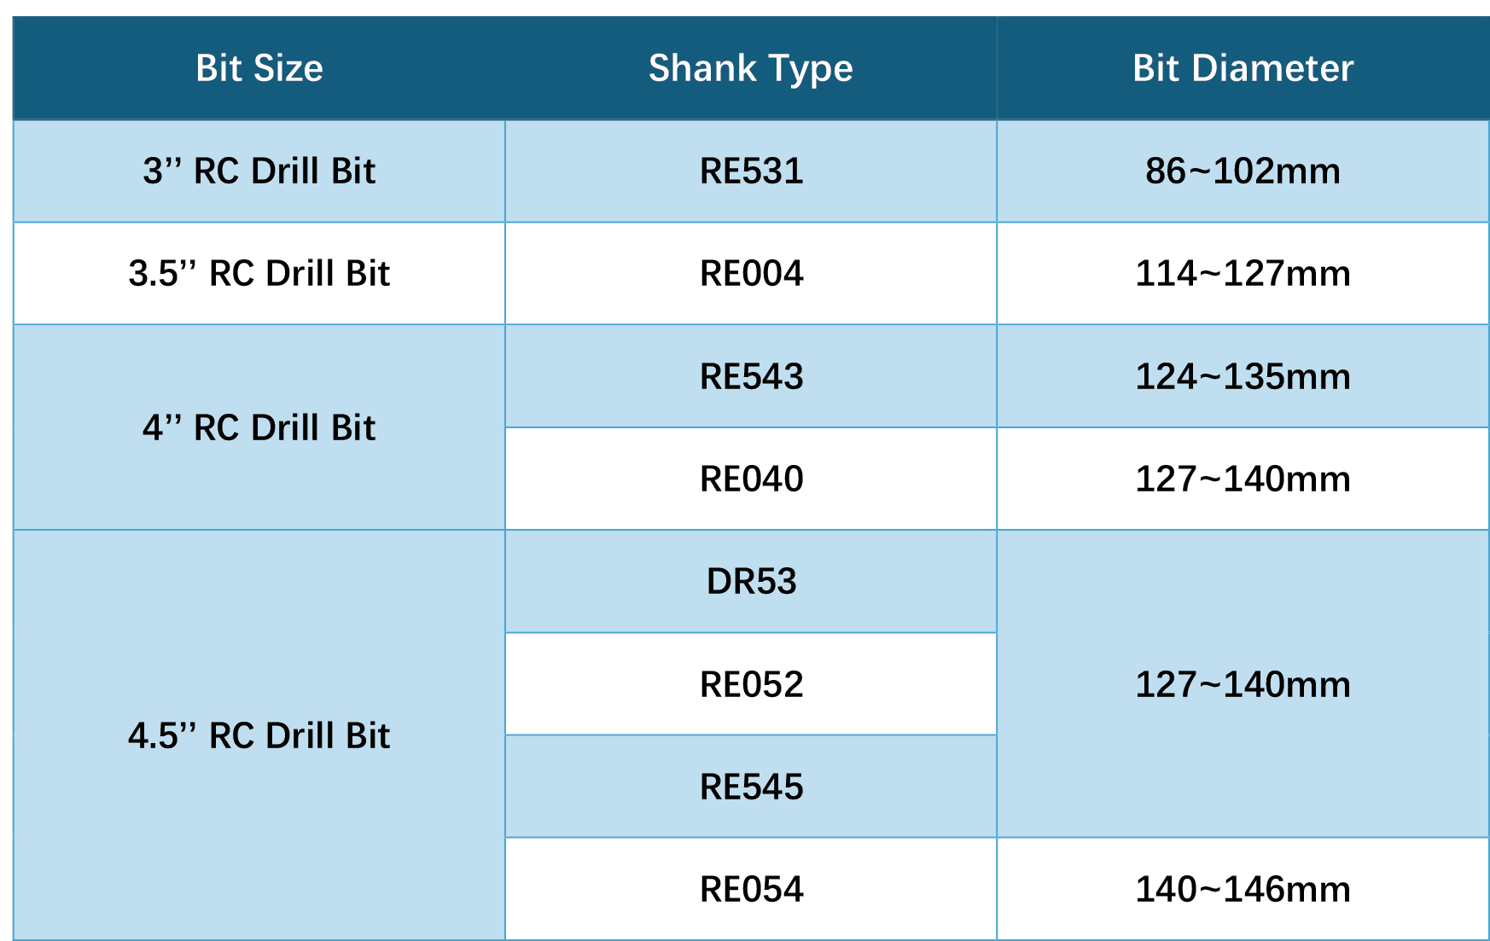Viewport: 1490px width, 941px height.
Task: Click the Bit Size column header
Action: point(259,68)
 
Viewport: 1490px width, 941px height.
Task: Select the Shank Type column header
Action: point(751,69)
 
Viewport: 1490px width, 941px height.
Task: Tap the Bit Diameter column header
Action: point(1243,68)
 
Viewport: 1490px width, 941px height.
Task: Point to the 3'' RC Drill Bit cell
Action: point(259,171)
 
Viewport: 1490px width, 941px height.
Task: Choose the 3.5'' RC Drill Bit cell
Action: point(259,273)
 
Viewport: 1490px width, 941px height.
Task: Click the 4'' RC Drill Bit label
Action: point(259,427)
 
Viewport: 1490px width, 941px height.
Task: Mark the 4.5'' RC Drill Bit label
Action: point(259,735)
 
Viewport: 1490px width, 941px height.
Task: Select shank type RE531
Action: point(751,171)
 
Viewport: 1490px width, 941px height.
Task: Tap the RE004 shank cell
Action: point(751,273)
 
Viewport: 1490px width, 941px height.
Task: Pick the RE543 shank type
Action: point(751,376)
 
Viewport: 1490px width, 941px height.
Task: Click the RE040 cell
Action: point(751,479)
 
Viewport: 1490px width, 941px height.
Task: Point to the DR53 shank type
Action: point(751,581)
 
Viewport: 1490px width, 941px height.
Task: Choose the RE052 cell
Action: point(751,684)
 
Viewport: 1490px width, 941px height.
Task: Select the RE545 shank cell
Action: point(751,787)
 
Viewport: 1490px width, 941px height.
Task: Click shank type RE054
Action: point(751,889)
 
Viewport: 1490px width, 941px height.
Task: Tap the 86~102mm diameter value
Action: point(1243,171)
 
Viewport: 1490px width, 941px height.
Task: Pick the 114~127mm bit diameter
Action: point(1243,273)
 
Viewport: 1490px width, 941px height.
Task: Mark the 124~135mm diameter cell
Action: point(1243,376)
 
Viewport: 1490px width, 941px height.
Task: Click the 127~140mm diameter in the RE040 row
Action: point(1243,479)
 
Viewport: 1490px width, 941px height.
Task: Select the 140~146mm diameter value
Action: point(1243,889)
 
